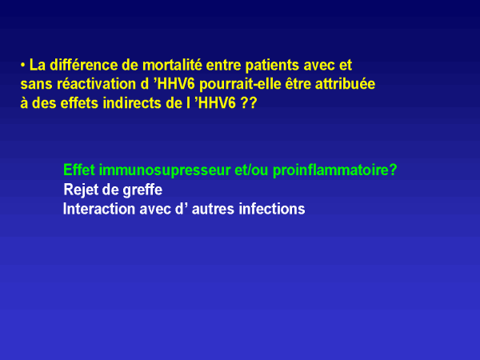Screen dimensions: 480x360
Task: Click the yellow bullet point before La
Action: tap(22, 66)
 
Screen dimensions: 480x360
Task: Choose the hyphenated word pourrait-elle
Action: tap(240, 85)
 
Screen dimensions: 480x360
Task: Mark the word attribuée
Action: tap(345, 84)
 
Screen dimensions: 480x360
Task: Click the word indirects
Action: tap(132, 103)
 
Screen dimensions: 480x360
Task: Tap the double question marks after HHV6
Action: tap(248, 103)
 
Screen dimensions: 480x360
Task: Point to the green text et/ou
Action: tap(252, 170)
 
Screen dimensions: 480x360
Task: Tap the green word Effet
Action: tap(79, 170)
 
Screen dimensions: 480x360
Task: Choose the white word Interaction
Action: tap(99, 209)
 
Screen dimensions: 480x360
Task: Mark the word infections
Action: tap(272, 209)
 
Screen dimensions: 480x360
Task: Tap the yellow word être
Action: tap(298, 84)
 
